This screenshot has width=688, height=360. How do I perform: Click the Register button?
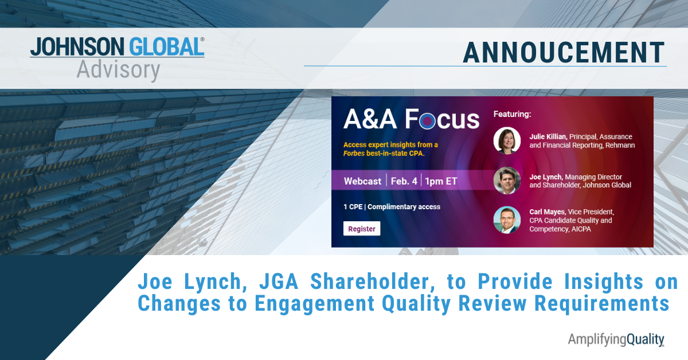pyautogui.click(x=362, y=229)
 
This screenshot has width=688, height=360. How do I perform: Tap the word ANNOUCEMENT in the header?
pyautogui.click(x=564, y=53)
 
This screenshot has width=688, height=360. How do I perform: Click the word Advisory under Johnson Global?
pyautogui.click(x=118, y=71)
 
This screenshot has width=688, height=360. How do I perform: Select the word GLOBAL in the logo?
pyautogui.click(x=165, y=46)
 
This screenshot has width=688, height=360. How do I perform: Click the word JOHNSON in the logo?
pyautogui.click(x=77, y=46)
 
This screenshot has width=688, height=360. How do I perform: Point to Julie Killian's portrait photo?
pyautogui.click(x=507, y=140)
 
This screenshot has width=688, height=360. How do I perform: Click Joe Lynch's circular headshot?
pyautogui.click(x=507, y=181)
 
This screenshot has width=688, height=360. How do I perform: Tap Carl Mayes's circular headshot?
pyautogui.click(x=507, y=220)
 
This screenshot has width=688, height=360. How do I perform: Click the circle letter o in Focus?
pyautogui.click(x=427, y=121)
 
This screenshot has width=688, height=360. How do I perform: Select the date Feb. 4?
pyautogui.click(x=404, y=181)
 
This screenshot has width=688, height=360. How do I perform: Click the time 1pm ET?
pyautogui.click(x=441, y=181)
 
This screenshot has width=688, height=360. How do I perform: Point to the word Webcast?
pyautogui.click(x=362, y=181)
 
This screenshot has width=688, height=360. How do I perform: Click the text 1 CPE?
pyautogui.click(x=353, y=207)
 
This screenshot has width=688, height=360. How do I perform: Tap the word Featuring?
pyautogui.click(x=512, y=114)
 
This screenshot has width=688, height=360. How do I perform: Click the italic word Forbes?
pyautogui.click(x=354, y=153)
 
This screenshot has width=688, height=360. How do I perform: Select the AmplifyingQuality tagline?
pyautogui.click(x=616, y=340)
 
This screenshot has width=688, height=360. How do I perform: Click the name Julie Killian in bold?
pyautogui.click(x=548, y=136)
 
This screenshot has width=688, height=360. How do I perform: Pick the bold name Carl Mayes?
pyautogui.click(x=547, y=212)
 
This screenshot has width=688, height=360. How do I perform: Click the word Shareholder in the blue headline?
pyautogui.click(x=373, y=282)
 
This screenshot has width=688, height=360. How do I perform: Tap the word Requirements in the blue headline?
pyautogui.click(x=601, y=304)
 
